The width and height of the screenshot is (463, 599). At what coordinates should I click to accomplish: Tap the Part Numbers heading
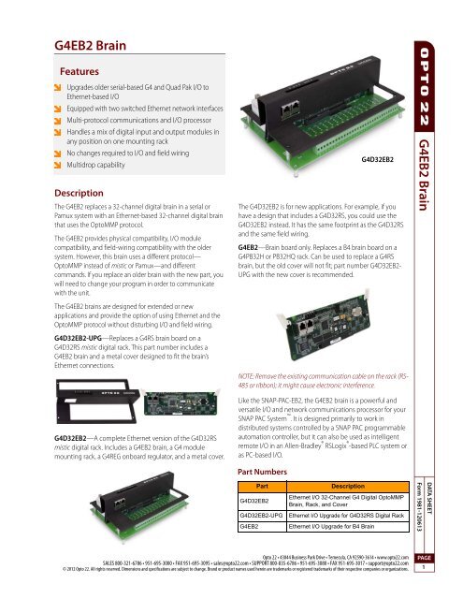click(268, 473)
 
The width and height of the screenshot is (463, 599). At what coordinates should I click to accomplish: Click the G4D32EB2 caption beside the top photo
click(372, 160)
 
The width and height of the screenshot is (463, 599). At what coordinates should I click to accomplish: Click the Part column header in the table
click(263, 489)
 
